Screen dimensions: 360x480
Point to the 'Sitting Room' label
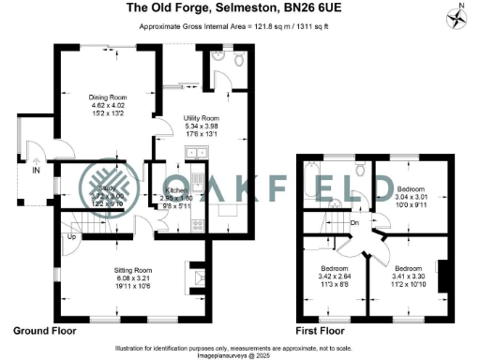point(120,268)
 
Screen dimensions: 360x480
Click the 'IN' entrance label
point(37,172)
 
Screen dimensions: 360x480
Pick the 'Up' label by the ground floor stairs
point(70,236)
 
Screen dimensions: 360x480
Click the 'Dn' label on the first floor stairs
point(355,223)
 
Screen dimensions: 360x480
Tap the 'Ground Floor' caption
point(44,331)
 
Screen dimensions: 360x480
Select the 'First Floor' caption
point(322,331)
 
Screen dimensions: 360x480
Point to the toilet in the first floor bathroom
point(361,171)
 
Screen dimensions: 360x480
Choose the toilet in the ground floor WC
point(238,62)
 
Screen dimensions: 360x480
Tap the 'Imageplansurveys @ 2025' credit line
point(240,352)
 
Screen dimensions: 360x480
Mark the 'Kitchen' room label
point(166,192)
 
